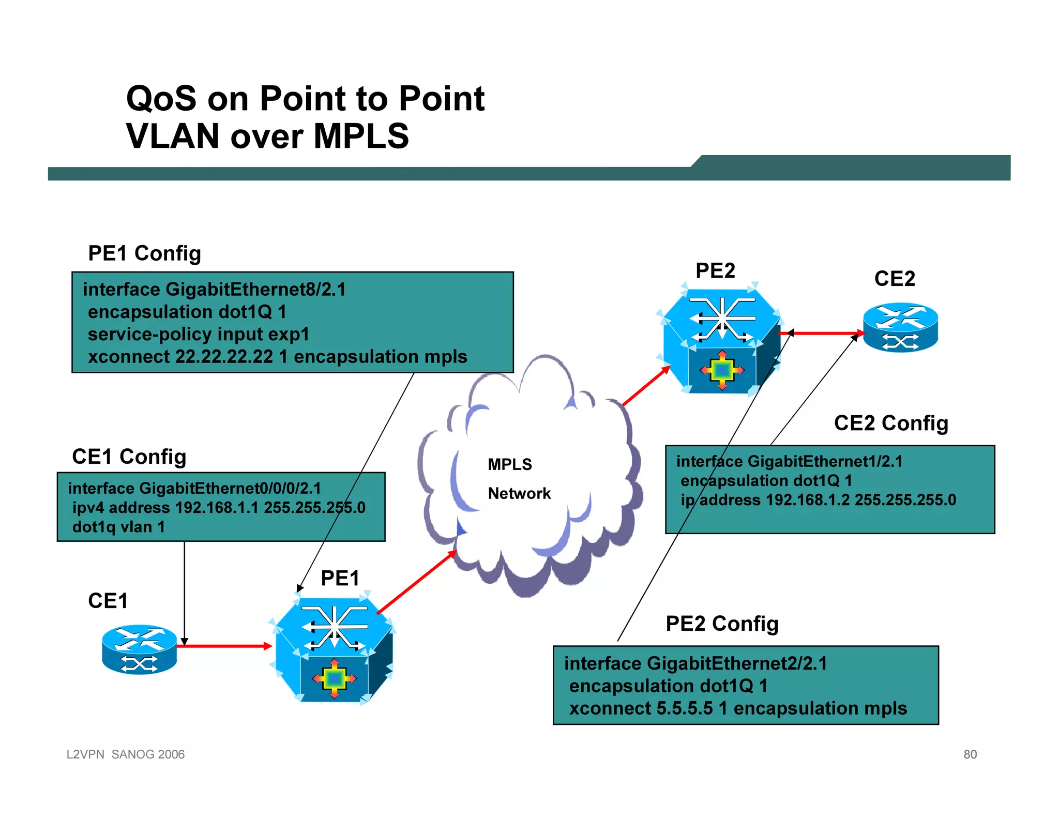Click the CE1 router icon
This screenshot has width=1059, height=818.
(x=139, y=649)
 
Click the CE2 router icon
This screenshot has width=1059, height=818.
(x=900, y=327)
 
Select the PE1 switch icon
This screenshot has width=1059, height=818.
(x=334, y=650)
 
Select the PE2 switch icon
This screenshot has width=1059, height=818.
(x=721, y=341)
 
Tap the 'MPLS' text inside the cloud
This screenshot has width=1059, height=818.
(x=509, y=464)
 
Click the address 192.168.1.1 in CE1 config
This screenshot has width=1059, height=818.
(x=217, y=508)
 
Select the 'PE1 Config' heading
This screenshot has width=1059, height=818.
(x=144, y=253)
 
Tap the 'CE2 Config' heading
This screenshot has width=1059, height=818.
(x=890, y=423)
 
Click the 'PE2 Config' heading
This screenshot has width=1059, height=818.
(x=721, y=624)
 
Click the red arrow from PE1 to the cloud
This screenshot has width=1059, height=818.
(x=417, y=583)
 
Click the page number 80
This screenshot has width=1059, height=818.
(x=970, y=754)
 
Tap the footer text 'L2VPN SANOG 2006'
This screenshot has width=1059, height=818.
(x=126, y=754)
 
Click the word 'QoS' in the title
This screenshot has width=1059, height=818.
(x=161, y=98)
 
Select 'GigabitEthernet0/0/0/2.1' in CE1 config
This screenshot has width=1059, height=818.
(x=230, y=488)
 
